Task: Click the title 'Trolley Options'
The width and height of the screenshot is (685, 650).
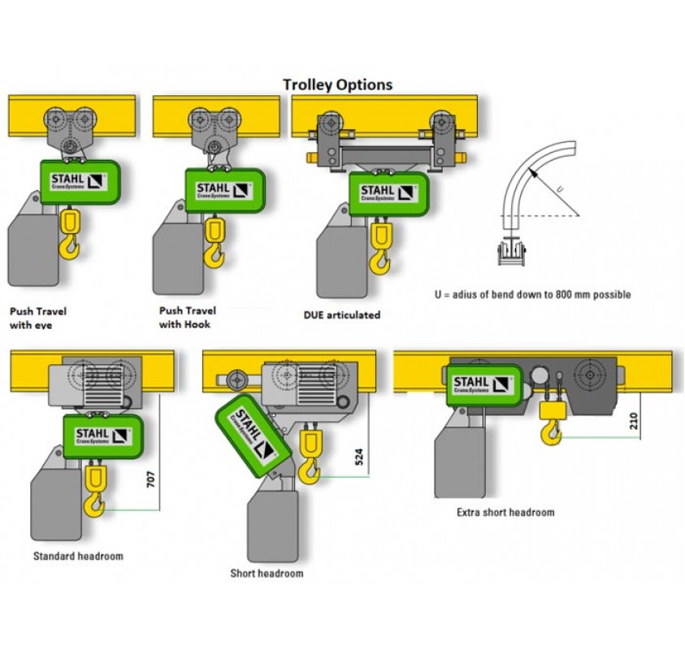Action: pyautogui.click(x=337, y=84)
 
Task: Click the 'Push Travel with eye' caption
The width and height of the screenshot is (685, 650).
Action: pyautogui.click(x=37, y=318)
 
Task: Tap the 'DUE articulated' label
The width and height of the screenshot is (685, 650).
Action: pyautogui.click(x=341, y=314)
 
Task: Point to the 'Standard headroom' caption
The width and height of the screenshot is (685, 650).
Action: pyautogui.click(x=78, y=557)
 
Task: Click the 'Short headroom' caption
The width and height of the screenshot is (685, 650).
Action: pyautogui.click(x=267, y=574)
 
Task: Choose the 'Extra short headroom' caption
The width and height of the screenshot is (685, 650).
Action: pyautogui.click(x=505, y=513)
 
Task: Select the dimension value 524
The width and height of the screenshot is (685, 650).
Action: pyautogui.click(x=359, y=457)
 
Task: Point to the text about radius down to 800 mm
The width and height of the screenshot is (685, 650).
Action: pyautogui.click(x=532, y=294)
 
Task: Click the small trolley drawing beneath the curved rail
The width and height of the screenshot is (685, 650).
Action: pyautogui.click(x=511, y=251)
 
